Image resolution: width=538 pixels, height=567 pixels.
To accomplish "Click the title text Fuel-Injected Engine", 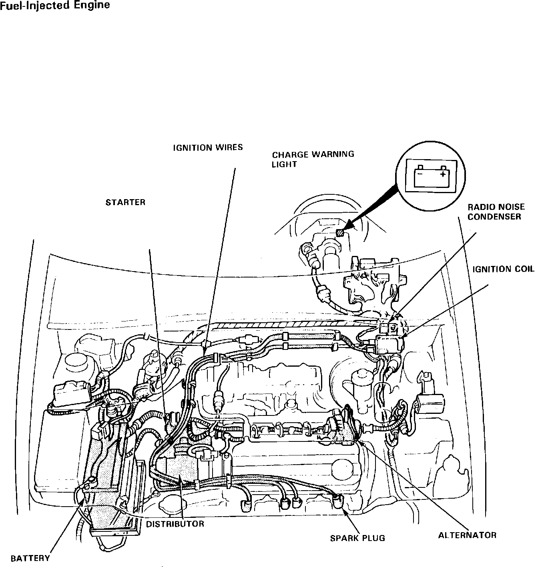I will [55, 6].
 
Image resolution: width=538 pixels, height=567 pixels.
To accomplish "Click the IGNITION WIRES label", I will [208, 148].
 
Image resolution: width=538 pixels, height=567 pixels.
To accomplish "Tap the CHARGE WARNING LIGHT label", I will [313, 159].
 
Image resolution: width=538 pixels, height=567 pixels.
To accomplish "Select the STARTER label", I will [125, 202].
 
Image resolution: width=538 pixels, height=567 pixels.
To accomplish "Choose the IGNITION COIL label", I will [503, 269].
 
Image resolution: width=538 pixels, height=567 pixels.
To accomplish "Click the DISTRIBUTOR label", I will [175, 524].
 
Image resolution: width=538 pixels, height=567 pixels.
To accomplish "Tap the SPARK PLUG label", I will [357, 538].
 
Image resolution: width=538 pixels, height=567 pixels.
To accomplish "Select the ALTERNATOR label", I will [467, 535].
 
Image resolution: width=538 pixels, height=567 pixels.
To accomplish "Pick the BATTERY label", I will [30, 558].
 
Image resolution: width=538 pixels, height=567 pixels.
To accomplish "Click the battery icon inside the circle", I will [430, 176].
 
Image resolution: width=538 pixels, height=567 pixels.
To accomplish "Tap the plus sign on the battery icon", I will [442, 175].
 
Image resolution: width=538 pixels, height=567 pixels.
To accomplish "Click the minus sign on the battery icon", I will [419, 174].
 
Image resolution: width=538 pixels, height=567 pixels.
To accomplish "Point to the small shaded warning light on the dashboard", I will [340, 232].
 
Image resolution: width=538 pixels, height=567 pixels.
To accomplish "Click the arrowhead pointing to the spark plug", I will [344, 511].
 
